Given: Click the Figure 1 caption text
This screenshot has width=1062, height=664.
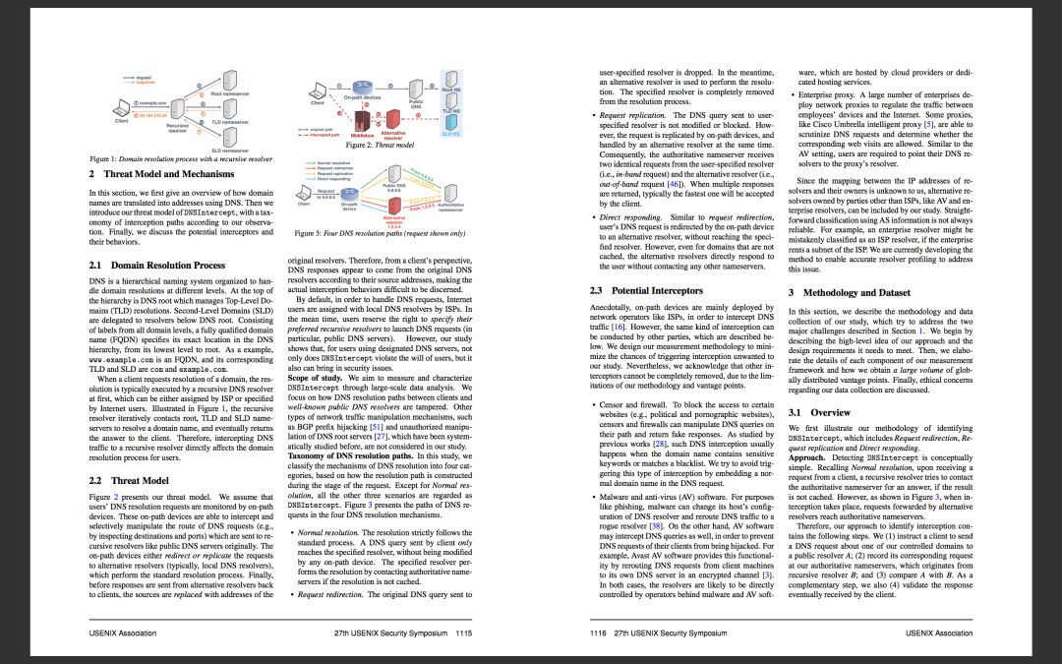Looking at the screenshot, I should coord(181,157).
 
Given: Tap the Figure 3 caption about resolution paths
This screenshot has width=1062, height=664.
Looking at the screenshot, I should coord(380,233).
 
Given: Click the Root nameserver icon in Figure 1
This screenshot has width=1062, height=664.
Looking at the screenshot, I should coord(227,81).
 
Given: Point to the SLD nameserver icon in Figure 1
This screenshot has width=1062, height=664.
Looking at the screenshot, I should coord(227,139).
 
